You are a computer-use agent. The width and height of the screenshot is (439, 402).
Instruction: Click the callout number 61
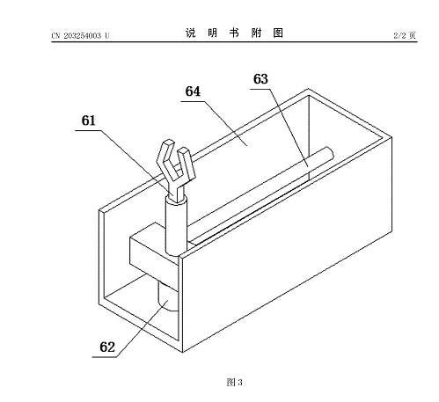coord(88,121)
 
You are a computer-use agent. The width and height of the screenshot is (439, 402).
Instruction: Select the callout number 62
coord(107,347)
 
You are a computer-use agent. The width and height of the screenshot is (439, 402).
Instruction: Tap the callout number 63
coord(260,79)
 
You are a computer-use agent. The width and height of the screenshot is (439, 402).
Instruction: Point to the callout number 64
coord(193,91)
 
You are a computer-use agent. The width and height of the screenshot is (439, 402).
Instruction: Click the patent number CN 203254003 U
coord(80,36)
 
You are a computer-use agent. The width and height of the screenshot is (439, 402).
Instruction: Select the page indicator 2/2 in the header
coord(399,35)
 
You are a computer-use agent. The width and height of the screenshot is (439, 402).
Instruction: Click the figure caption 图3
coord(234,382)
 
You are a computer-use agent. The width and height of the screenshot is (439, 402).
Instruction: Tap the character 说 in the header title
coord(190,33)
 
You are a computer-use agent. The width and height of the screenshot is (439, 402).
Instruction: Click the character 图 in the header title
coord(278,33)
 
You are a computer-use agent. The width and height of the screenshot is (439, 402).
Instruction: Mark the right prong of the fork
coord(187,163)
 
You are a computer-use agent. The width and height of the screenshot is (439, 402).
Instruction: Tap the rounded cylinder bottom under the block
coord(167,296)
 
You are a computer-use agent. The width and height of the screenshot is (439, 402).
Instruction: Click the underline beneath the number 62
coord(104,357)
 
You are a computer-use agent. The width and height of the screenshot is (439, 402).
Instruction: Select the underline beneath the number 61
coord(88,130)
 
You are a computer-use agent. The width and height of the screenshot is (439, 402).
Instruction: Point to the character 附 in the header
coord(256,33)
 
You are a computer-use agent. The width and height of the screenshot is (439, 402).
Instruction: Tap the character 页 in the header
coord(413,35)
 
